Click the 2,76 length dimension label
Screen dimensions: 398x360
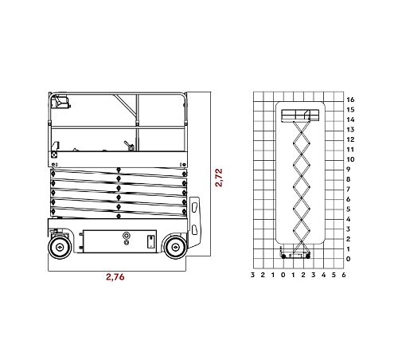115,277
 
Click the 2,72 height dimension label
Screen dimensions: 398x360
219,178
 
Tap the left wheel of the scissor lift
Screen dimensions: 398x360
60,247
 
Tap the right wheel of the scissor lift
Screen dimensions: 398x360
175,248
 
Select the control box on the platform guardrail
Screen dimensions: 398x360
60,102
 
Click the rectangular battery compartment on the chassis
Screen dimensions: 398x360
119,241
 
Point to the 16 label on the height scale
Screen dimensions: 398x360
350,100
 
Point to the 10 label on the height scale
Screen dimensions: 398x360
350,159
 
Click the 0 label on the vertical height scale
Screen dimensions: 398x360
349,259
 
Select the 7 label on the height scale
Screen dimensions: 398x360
349,190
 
